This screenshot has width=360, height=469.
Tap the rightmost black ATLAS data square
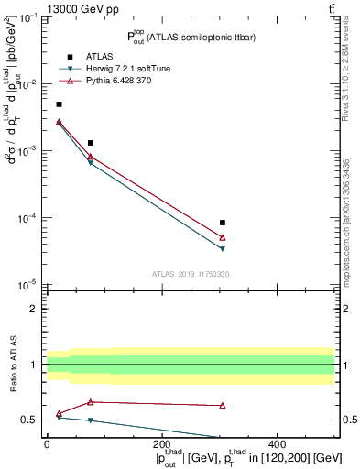tap(223, 223)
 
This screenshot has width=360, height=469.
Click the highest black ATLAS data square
tap(60, 104)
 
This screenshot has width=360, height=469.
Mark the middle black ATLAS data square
tap(91, 143)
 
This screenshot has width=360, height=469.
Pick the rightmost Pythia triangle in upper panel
tap(223, 237)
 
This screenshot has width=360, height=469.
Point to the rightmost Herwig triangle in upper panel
tap(223, 248)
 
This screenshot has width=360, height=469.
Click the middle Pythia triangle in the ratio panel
tap(91, 402)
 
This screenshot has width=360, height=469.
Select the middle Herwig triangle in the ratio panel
tap(91, 420)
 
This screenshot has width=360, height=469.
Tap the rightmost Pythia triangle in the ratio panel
tap(223, 405)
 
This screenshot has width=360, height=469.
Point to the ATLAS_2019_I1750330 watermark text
tap(190, 274)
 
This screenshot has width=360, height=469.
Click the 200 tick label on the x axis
tap(162, 445)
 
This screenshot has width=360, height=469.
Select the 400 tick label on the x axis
tap(278, 445)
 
